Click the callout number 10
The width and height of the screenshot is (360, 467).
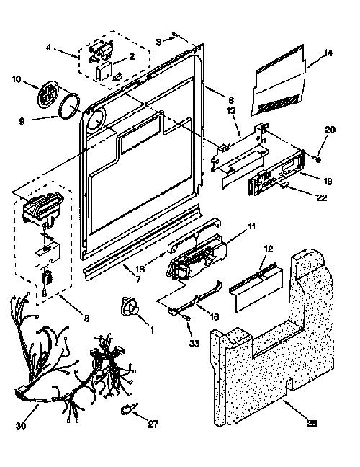[x=17, y=79]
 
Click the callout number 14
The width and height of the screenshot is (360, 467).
[x=328, y=53]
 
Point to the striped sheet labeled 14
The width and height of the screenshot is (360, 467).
[x=279, y=81]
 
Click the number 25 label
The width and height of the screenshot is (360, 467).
[x=312, y=423]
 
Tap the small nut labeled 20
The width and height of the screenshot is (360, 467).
[x=318, y=160]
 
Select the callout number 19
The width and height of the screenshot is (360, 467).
[x=328, y=182]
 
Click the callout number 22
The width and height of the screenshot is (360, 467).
[x=322, y=197]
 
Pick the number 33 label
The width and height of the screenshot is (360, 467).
[x=194, y=343]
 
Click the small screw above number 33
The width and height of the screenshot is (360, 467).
[x=188, y=319]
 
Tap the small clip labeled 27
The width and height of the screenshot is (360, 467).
[x=129, y=409]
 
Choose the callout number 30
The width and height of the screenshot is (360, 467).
[x=21, y=426]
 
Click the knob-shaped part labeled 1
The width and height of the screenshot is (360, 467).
[x=130, y=306]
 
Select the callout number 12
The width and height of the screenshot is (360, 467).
[x=269, y=249]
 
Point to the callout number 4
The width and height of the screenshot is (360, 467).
[x=48, y=48]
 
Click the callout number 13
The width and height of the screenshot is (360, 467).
[x=231, y=111]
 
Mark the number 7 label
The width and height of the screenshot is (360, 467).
[x=138, y=280]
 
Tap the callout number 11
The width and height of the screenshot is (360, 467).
[x=252, y=226]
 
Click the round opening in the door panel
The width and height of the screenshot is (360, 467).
[x=95, y=119]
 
